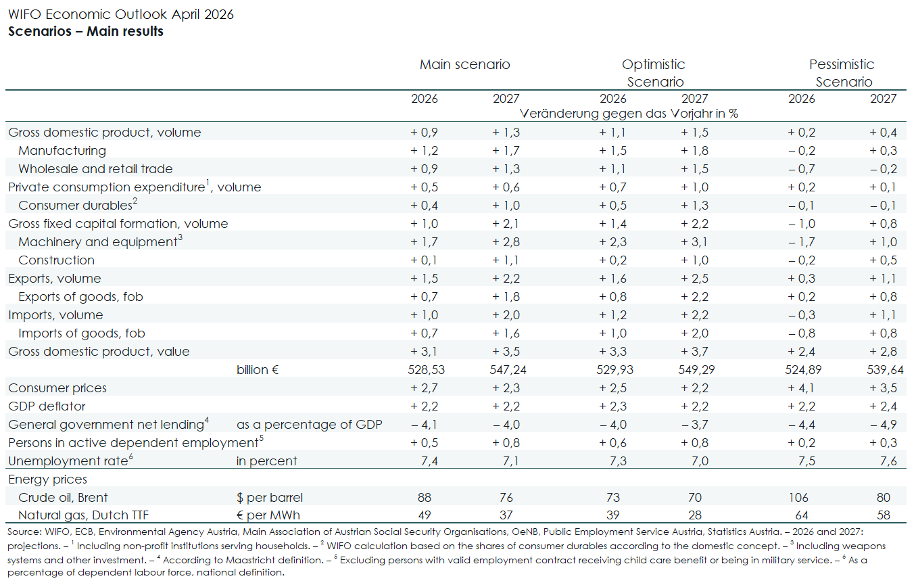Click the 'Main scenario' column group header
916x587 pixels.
[x=464, y=65]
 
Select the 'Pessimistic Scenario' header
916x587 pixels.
[x=842, y=73]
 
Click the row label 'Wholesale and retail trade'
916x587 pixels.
[x=95, y=169]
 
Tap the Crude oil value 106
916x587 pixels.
[x=802, y=498]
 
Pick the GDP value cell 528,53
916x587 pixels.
[x=425, y=370]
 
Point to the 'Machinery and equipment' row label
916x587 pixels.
[x=97, y=242]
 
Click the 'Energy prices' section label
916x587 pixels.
[x=47, y=479]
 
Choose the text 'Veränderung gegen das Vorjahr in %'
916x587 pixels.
[x=629, y=114]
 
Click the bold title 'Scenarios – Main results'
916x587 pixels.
[x=86, y=31]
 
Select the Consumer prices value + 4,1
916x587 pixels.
[x=802, y=388]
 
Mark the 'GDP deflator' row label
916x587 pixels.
[x=47, y=406]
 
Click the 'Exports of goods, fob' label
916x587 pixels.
[x=80, y=297]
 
